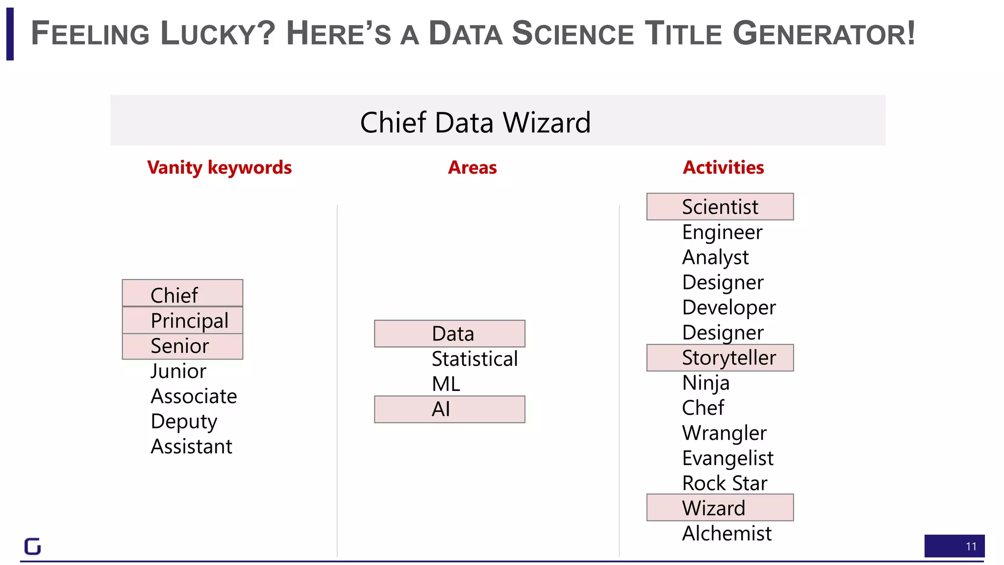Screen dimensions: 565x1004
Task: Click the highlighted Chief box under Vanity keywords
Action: pos(182,294)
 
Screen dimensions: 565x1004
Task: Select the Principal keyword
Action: pos(182,321)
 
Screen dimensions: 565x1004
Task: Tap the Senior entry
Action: pos(182,346)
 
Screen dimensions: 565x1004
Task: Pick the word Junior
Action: pos(178,371)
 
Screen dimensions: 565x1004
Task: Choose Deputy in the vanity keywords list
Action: pos(184,422)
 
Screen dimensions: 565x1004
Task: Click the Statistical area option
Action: pos(475,359)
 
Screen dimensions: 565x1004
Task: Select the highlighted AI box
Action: pos(449,409)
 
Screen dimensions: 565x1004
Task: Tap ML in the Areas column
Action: pos(446,384)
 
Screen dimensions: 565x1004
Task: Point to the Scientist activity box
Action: pos(720,207)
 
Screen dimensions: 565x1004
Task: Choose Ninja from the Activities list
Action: pos(706,383)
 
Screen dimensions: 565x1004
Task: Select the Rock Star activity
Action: pos(725,484)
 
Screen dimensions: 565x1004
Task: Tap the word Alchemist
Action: pos(727,534)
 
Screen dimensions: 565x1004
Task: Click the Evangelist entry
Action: pos(728,458)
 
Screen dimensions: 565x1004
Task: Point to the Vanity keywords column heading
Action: pos(219,168)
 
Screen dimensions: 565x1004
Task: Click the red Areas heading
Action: pos(472,168)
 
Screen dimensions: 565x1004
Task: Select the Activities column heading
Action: pos(723,168)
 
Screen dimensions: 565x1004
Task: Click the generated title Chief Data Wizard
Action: pos(475,122)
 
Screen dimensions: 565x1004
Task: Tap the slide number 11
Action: pos(971,546)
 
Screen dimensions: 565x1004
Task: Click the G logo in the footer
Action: pos(32,546)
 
